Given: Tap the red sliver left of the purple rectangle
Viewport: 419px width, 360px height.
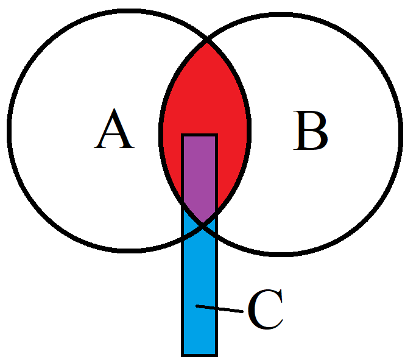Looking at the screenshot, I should click(172, 158).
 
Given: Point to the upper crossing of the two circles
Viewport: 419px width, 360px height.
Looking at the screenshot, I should click(208, 43).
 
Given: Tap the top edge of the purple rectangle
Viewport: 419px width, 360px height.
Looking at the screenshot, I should click(200, 135).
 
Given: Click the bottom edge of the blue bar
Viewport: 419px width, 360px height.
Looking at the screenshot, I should click(200, 354).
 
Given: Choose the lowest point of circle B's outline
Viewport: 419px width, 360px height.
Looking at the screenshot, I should click(281, 252).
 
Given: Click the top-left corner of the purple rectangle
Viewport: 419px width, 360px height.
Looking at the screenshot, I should click(183, 135).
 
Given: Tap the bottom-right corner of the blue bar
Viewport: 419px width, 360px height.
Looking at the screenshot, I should click(216, 354).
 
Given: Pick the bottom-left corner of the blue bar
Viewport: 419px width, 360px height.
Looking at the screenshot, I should click(183, 354).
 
